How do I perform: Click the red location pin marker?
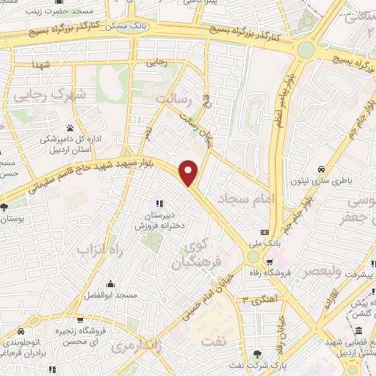[x=189, y=172]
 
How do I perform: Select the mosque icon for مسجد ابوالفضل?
[x=109, y=283]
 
